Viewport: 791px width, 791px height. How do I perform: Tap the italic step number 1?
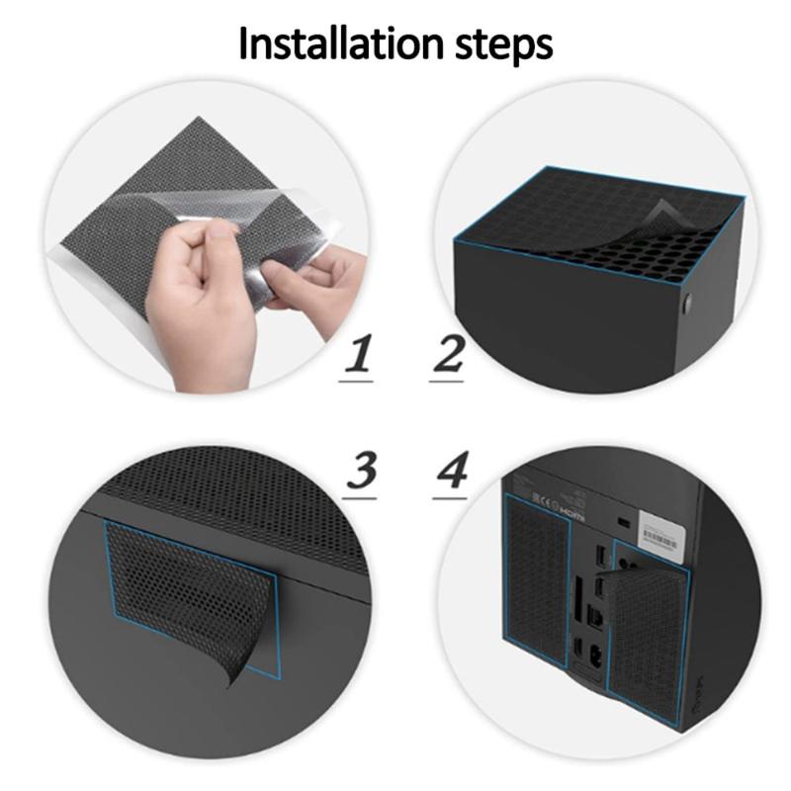358,358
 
